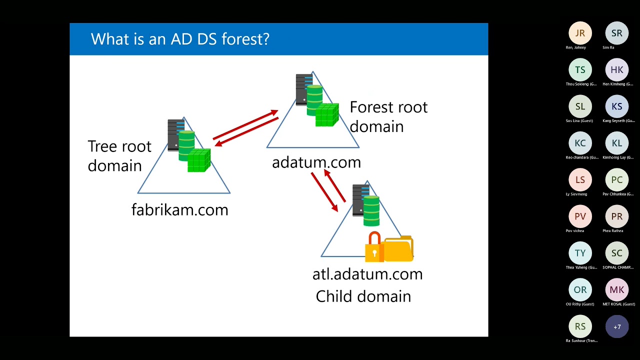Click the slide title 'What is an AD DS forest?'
tap(180, 39)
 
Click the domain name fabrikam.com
tap(179, 209)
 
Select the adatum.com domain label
tap(316, 162)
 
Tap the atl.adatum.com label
tap(367, 274)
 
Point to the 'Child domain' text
tap(363, 296)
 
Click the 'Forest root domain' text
tap(388, 116)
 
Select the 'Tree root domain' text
tap(119, 155)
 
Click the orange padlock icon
tap(373, 247)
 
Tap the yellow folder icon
tap(399, 248)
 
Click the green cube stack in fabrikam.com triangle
tap(198, 160)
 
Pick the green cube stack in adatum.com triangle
tap(326, 115)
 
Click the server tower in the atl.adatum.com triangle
tap(360, 200)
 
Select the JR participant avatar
tap(580, 33)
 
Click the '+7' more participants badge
tap(617, 327)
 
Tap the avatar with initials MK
tap(617, 290)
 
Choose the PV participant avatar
tap(580, 216)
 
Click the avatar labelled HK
tap(617, 70)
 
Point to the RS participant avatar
tap(580, 327)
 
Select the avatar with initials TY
tap(580, 253)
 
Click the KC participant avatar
tap(580, 143)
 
